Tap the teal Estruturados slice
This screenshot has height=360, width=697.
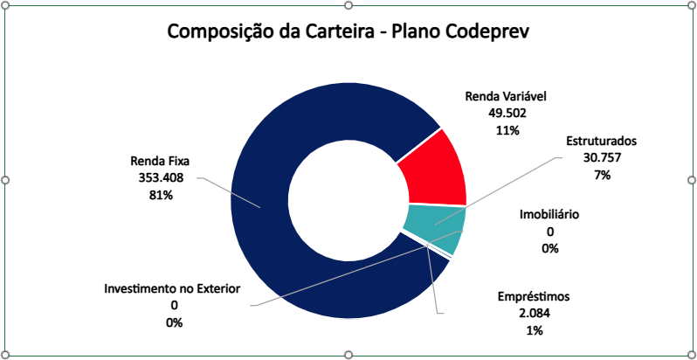435,225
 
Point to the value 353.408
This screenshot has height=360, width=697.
160,178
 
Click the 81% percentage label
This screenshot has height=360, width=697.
160,196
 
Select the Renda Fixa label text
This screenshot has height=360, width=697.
160,162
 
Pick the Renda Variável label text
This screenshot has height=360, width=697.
506,96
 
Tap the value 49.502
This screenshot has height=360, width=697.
506,113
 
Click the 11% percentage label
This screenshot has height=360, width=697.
506,130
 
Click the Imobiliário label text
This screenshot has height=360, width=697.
549,214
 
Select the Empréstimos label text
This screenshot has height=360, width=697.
534,296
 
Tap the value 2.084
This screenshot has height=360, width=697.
534,313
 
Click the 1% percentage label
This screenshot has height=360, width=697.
534,330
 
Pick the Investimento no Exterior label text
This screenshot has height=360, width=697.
172,288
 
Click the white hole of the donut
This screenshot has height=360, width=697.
347,201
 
